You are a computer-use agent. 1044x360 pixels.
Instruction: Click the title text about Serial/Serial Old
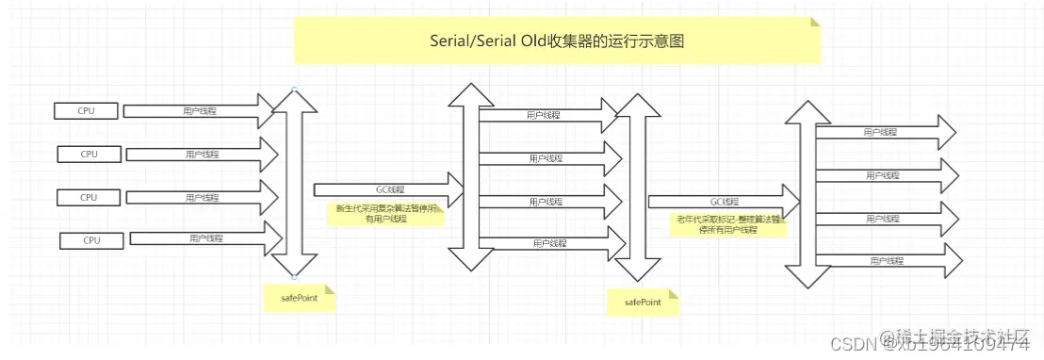[x=556, y=41]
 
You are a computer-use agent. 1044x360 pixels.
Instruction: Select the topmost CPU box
[x=86, y=111]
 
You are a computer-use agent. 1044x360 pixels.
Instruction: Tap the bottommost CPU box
[x=90, y=240]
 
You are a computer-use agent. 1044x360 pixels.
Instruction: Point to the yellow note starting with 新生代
[x=385, y=214]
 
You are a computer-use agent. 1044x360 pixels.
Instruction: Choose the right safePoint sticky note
[x=643, y=303]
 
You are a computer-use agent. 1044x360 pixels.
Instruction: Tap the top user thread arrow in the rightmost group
[x=886, y=133]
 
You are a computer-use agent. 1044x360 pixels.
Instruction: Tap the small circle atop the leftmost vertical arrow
[x=295, y=90]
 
